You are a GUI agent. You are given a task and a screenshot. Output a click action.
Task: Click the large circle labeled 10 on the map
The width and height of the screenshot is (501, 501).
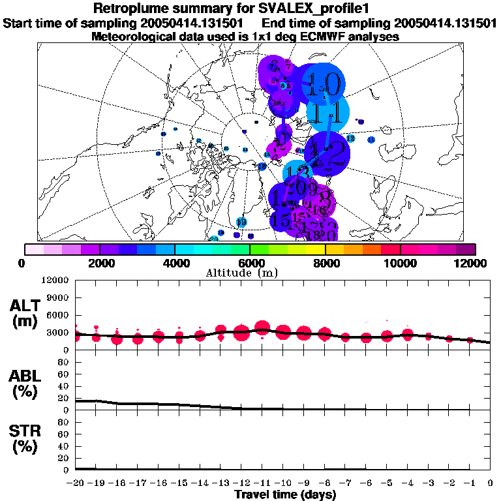(x=324, y=83)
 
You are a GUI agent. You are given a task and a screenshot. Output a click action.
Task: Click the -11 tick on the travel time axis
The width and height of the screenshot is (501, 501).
(x=262, y=483)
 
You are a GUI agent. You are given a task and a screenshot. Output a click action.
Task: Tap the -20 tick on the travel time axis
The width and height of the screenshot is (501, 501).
(x=76, y=483)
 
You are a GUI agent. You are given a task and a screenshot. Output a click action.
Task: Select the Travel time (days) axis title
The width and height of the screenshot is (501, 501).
(x=286, y=495)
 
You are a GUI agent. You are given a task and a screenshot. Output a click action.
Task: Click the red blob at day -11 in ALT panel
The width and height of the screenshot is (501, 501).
(x=262, y=327)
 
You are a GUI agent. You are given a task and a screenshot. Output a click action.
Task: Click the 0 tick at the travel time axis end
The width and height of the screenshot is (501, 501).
(x=490, y=483)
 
